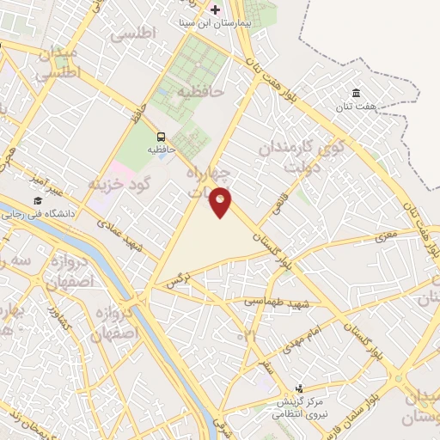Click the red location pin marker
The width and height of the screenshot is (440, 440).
click(221, 202)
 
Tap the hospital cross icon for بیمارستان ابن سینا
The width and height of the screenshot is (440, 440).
click(215, 9)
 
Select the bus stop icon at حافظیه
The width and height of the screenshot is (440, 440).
click(161, 137)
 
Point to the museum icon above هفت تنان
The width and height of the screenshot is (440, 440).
click(356, 93)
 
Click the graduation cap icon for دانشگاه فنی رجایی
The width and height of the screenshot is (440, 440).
click(37, 200)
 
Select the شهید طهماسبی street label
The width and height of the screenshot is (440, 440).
click(275, 303)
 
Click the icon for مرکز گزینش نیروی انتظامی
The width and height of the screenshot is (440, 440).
click(298, 388)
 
